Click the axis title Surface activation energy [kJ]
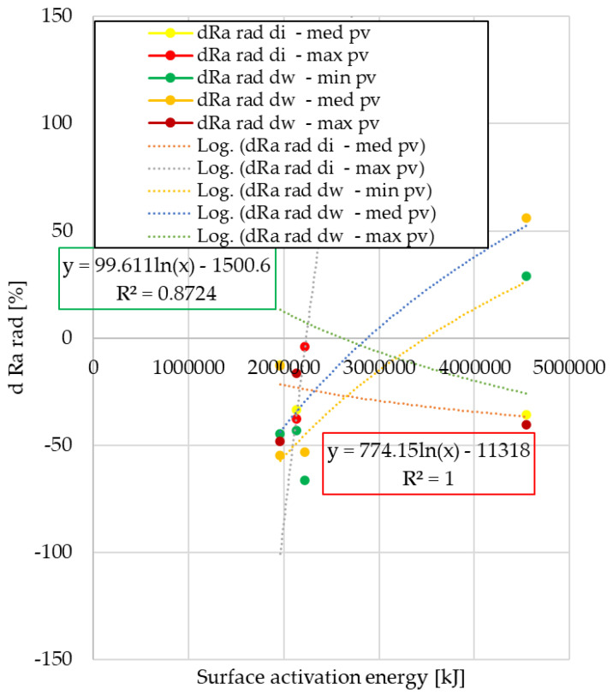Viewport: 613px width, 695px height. click(x=330, y=679)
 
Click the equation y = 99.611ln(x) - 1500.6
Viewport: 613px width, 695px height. click(x=168, y=266)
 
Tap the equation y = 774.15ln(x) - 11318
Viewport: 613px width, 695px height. click(x=428, y=450)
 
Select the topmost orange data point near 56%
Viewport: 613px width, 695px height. click(x=527, y=218)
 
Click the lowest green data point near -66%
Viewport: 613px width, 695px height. click(x=305, y=480)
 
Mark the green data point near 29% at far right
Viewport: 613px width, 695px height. click(x=527, y=276)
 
